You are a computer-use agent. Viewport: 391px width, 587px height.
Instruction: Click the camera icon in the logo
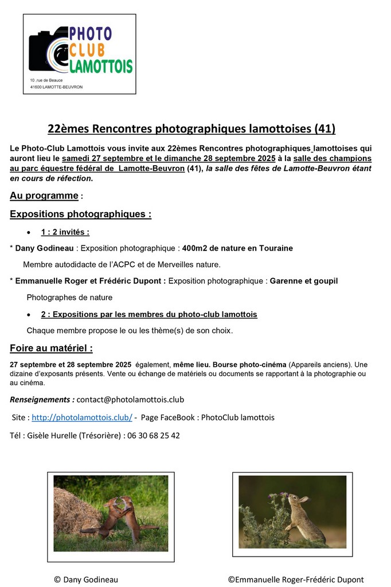[49, 53]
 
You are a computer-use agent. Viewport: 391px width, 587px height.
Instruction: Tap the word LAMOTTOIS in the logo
[101, 66]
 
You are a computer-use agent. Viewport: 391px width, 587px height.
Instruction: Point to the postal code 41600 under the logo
[38, 87]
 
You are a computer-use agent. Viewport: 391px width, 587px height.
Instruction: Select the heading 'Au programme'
[44, 195]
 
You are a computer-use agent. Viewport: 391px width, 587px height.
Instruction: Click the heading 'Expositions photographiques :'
[80, 214]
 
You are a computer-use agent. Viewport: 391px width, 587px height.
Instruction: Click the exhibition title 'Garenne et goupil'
[303, 281]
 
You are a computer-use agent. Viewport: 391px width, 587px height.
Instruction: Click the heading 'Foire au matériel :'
[51, 348]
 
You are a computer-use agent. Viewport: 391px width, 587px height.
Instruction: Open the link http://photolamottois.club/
[82, 417]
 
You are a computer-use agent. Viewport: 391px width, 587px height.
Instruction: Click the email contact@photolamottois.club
[130, 399]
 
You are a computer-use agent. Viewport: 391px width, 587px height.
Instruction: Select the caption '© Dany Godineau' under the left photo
[86, 580]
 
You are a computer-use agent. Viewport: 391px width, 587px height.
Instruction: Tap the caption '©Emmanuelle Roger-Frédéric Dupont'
[295, 580]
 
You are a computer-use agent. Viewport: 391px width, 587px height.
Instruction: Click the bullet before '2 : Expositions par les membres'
[29, 315]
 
